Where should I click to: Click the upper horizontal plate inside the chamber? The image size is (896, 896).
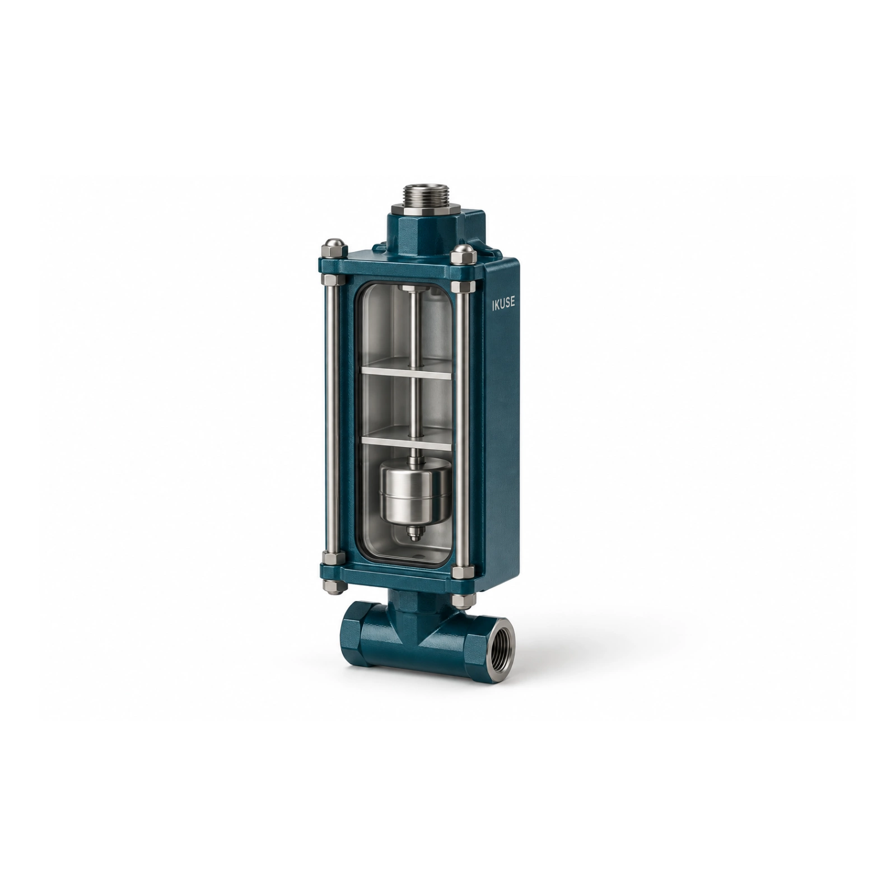(x=406, y=372)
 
